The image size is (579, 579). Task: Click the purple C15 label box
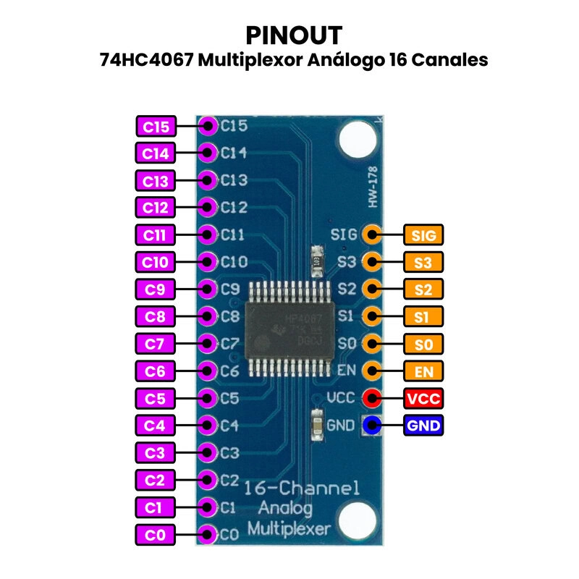156,127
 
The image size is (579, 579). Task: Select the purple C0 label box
156,536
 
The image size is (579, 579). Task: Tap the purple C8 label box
156,316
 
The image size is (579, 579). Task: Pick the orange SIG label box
423,234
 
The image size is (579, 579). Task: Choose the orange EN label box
423,371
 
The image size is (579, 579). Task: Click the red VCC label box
423,398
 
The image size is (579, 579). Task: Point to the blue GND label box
423,426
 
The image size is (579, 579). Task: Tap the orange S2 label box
423,289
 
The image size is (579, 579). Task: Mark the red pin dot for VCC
372,398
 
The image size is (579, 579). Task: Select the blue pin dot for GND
372,426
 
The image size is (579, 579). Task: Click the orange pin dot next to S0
372,343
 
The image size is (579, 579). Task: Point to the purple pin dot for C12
208,208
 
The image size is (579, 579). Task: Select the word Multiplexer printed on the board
289,528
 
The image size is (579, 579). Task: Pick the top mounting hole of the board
356,138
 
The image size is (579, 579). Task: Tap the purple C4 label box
156,426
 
